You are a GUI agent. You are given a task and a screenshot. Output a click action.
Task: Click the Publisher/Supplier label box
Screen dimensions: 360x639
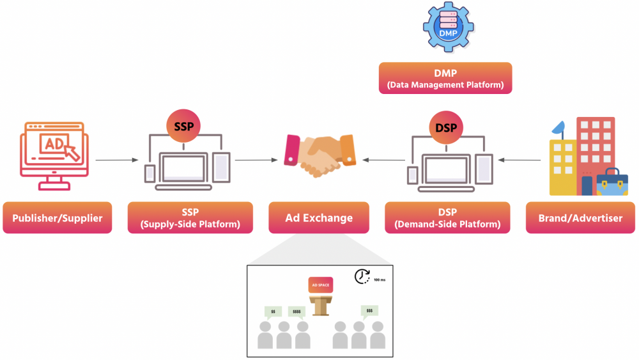click(x=57, y=218)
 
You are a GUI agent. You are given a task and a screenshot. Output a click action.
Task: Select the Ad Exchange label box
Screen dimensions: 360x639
click(x=319, y=218)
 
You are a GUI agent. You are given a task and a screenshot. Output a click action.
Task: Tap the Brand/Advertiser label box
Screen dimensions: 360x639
click(x=580, y=218)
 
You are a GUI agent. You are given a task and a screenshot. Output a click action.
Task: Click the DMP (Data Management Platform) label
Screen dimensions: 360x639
click(x=445, y=78)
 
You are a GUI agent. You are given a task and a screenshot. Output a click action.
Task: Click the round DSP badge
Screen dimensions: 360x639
click(x=445, y=127)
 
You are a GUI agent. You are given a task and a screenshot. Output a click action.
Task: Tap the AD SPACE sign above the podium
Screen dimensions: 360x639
click(x=319, y=285)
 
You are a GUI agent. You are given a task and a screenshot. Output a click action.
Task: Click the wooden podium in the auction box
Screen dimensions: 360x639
click(x=319, y=305)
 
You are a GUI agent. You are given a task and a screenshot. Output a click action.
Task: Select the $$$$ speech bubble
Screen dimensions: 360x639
click(x=296, y=312)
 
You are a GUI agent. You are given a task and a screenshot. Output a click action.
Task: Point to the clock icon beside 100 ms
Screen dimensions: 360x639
click(x=362, y=276)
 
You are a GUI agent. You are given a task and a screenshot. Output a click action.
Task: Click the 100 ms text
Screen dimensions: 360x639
click(x=379, y=280)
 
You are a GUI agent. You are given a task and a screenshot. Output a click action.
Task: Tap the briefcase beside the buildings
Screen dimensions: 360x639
click(x=612, y=183)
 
